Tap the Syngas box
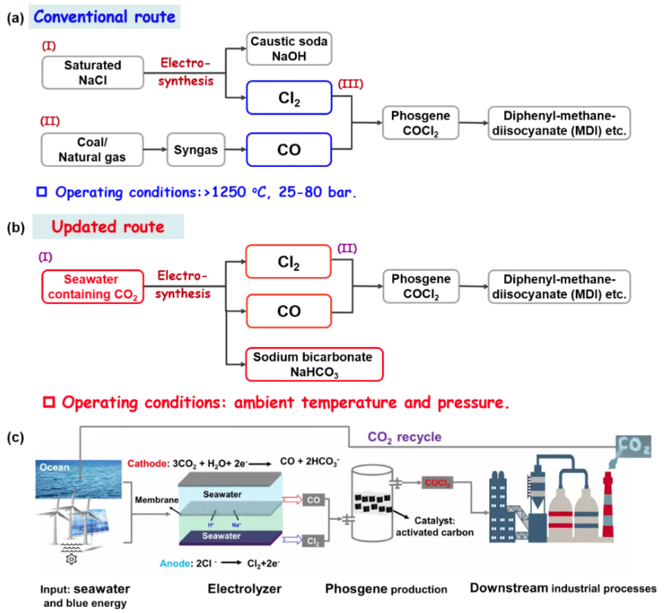(x=195, y=149)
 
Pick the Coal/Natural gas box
(x=92, y=149)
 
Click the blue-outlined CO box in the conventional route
(x=289, y=149)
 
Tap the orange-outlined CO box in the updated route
(x=289, y=311)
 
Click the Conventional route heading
(x=105, y=16)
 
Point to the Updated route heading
(x=109, y=226)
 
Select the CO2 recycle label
(x=404, y=436)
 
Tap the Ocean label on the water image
(x=54, y=468)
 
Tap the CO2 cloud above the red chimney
(x=632, y=446)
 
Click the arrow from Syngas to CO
(x=233, y=149)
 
